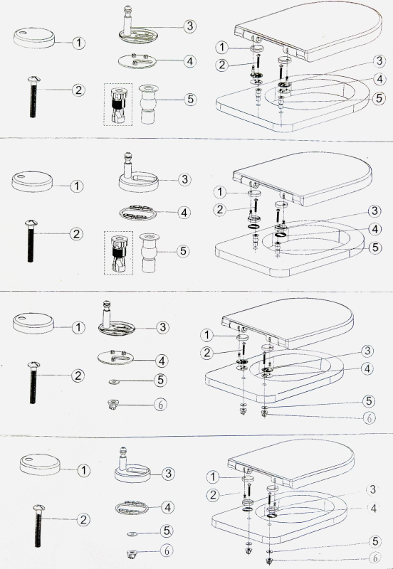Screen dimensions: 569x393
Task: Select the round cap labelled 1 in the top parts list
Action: (x=36, y=38)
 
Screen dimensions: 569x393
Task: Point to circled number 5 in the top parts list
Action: (x=189, y=99)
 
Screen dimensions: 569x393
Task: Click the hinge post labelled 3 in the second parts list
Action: (x=135, y=175)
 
